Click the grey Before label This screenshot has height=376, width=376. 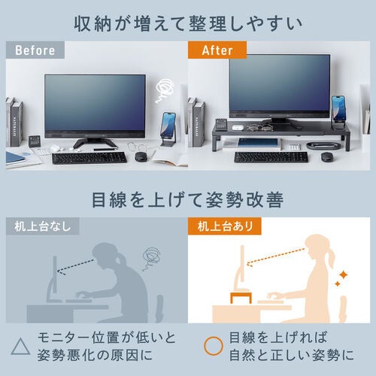36,50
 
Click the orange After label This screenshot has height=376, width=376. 212,50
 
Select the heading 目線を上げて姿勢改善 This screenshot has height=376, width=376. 188,200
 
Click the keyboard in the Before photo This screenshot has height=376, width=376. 88,158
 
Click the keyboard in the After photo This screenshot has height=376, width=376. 271,157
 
